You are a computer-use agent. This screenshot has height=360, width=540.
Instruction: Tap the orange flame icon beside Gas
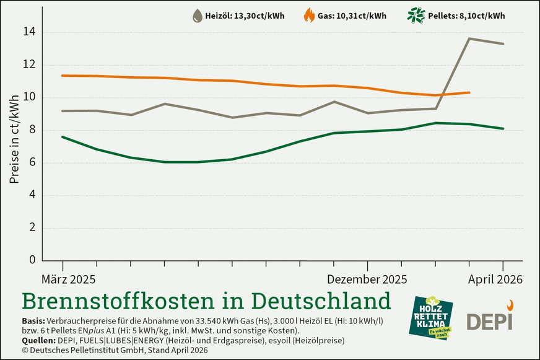[x=308, y=15]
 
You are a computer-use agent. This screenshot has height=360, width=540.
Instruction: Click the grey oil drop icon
[x=197, y=15]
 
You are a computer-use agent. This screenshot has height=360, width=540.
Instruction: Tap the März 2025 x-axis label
[x=69, y=280]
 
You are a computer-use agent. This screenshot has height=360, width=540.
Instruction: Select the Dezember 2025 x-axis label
[x=367, y=280]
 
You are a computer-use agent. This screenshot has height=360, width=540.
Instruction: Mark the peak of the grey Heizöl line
[x=469, y=38]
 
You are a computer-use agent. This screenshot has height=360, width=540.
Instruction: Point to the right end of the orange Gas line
[x=470, y=92]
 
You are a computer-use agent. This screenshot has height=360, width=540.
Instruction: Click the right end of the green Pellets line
[x=503, y=129]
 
